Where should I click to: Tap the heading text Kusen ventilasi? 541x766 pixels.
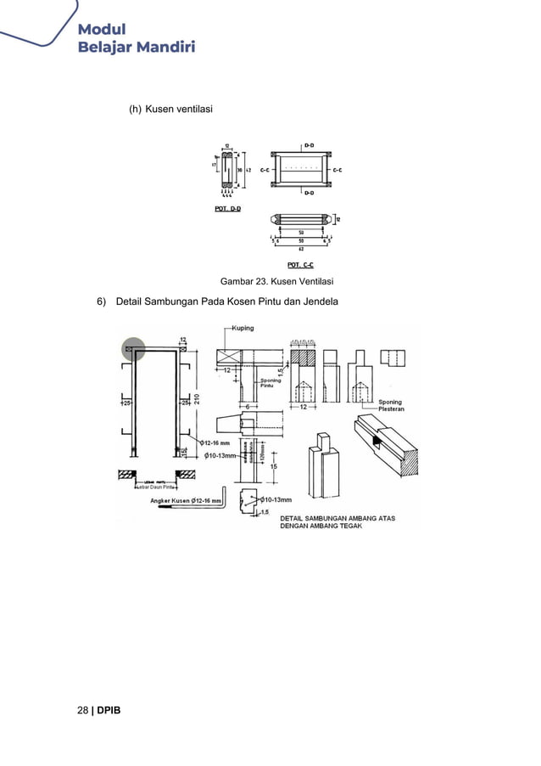click(x=178, y=110)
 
